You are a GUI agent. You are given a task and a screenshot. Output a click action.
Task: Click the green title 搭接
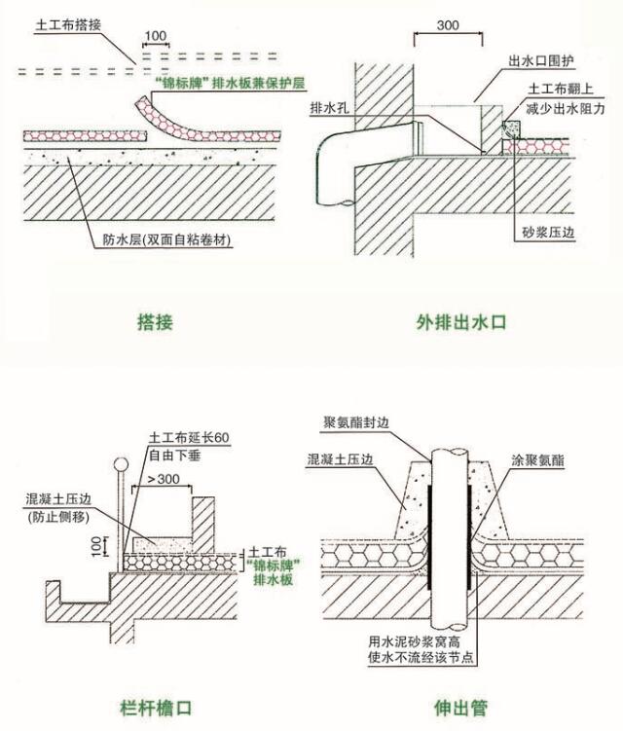(x=155, y=322)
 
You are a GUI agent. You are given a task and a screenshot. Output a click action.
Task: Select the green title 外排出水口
(x=463, y=322)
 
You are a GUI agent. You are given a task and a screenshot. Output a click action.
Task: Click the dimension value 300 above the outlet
(x=449, y=23)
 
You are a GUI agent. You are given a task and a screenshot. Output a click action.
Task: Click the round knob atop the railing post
(x=120, y=464)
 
